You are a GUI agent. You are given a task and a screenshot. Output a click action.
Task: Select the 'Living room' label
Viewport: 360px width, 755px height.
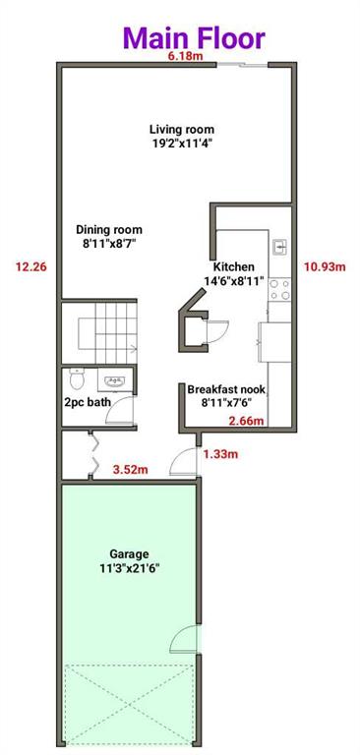(182, 129)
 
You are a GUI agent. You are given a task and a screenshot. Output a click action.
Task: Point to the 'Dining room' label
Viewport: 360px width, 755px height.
(109, 230)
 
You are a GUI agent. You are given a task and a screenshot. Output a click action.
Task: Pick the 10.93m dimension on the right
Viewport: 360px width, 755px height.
(325, 265)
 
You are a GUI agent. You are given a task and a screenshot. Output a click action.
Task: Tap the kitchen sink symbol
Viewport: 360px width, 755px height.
(278, 246)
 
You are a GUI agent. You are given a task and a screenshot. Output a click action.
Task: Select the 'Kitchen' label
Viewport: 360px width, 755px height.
(234, 266)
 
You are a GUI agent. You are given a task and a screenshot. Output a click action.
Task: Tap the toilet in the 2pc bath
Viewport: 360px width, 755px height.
(78, 378)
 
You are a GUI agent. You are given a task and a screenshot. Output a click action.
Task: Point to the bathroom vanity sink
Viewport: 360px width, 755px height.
(114, 380)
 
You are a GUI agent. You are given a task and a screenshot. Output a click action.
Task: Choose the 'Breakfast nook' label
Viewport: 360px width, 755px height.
(226, 389)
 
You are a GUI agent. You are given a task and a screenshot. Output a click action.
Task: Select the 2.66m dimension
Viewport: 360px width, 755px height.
(244, 421)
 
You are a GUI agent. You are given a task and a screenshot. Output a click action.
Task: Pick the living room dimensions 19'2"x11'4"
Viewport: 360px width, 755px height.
(182, 144)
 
